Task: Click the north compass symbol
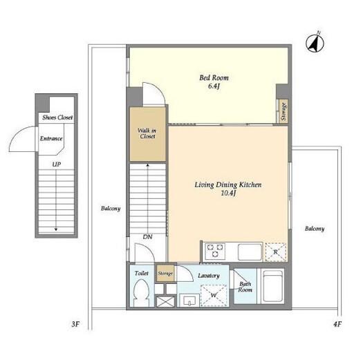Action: [x=315, y=43]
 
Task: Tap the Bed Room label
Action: [x=214, y=78]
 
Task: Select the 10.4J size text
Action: [x=228, y=193]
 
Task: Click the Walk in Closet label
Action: [x=147, y=133]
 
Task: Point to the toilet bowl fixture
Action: [x=141, y=292]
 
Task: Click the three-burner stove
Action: [x=215, y=252]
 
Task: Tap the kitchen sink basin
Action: [x=250, y=252]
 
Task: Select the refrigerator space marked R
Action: [x=276, y=252]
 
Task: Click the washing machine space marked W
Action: [x=214, y=295]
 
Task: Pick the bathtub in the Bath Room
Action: [x=272, y=286]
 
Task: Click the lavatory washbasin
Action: [x=189, y=301]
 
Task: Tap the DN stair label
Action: [x=147, y=237]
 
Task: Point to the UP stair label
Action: [x=57, y=164]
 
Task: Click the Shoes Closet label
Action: [x=57, y=117]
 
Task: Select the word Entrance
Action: [x=51, y=139]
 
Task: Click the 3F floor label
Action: [x=75, y=324]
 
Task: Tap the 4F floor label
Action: [x=337, y=324]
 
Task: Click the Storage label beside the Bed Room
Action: [x=283, y=111]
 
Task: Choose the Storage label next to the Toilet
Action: [x=165, y=274]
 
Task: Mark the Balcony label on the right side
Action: [x=315, y=229]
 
